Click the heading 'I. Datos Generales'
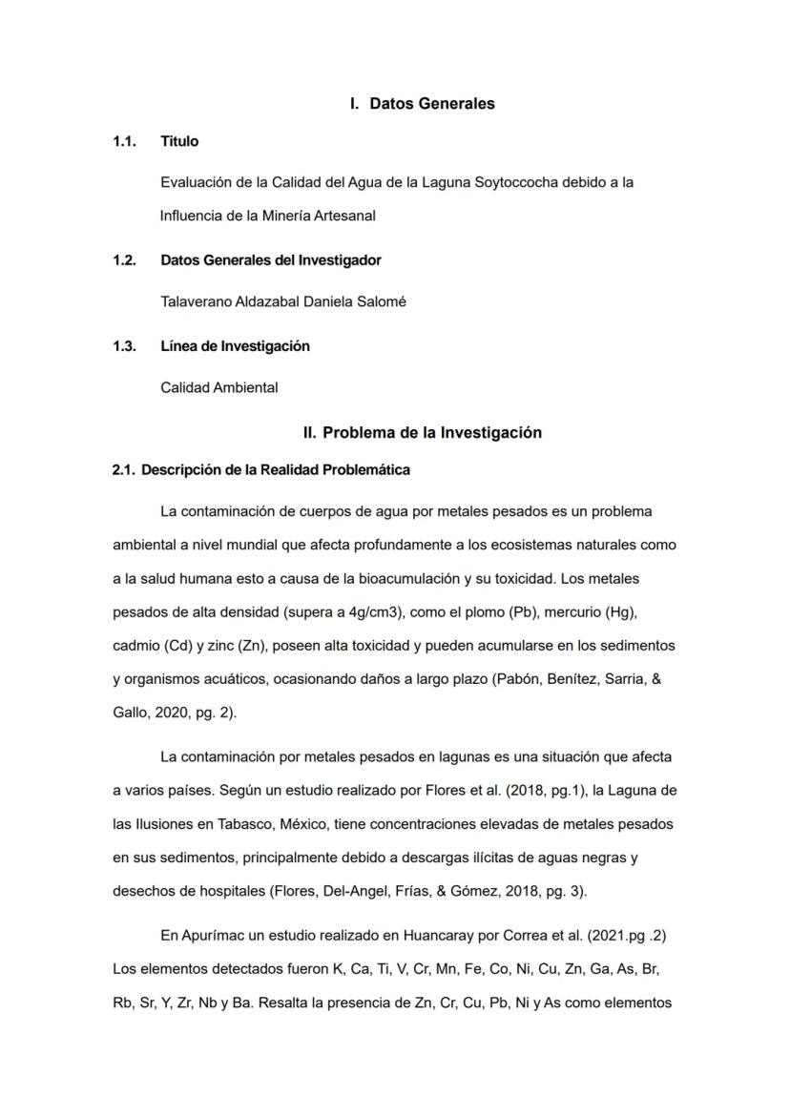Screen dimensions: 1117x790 pyautogui.click(x=423, y=104)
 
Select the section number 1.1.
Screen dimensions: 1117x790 pyautogui.click(x=124, y=141)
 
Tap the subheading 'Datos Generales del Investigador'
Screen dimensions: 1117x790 pyautogui.click(x=271, y=260)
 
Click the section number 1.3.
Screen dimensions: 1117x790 pyautogui.click(x=124, y=346)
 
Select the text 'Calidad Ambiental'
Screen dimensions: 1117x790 pyautogui.click(x=219, y=387)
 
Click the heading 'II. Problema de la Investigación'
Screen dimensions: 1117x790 pyautogui.click(x=423, y=433)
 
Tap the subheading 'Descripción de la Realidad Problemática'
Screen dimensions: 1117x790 pyautogui.click(x=276, y=470)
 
